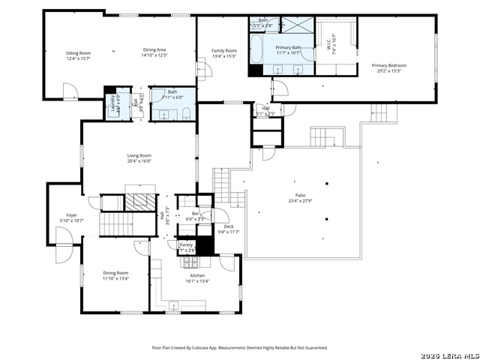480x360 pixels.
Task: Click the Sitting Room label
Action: click(78, 53)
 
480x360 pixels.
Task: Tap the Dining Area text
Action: click(155, 49)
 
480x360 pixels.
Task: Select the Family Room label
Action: click(224, 50)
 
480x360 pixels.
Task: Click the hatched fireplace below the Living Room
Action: click(138, 202)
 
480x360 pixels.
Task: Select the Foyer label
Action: click(71, 214)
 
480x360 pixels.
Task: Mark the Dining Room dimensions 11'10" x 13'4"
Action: click(115, 278)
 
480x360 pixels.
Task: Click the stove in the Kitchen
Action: click(190, 263)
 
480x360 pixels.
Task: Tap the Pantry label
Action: click(185, 245)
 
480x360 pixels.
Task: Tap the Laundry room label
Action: click(112, 102)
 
